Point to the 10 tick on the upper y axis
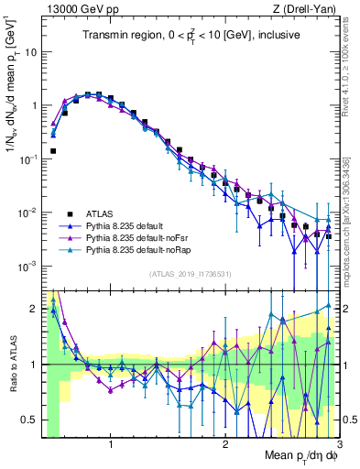tap(32, 52)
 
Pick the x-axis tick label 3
tap(338, 444)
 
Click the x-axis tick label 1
tap(111, 444)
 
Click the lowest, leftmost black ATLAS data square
tap(53, 150)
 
